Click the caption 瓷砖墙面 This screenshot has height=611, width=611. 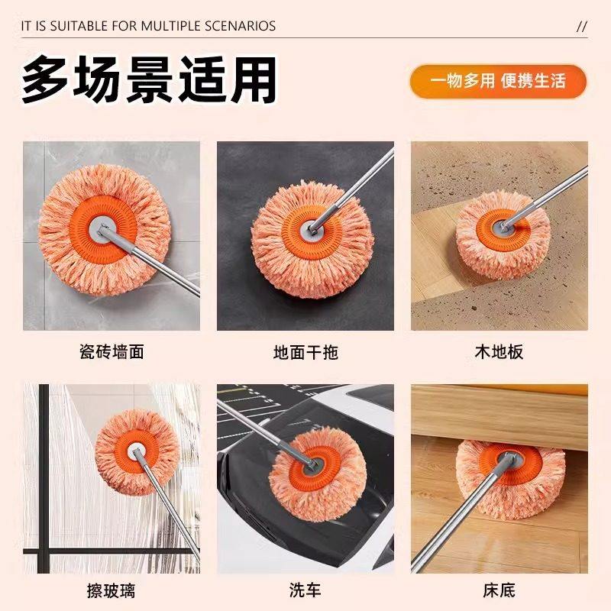(x=112, y=353)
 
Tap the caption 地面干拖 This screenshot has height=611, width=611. (x=305, y=353)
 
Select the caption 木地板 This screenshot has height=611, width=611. (x=499, y=353)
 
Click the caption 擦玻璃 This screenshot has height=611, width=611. (x=112, y=590)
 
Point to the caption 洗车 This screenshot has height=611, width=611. (x=305, y=590)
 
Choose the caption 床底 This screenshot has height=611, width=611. (x=499, y=590)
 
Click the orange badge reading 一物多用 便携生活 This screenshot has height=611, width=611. (x=498, y=82)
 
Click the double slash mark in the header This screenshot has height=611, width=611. (x=581, y=26)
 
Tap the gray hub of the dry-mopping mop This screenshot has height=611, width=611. (x=312, y=227)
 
